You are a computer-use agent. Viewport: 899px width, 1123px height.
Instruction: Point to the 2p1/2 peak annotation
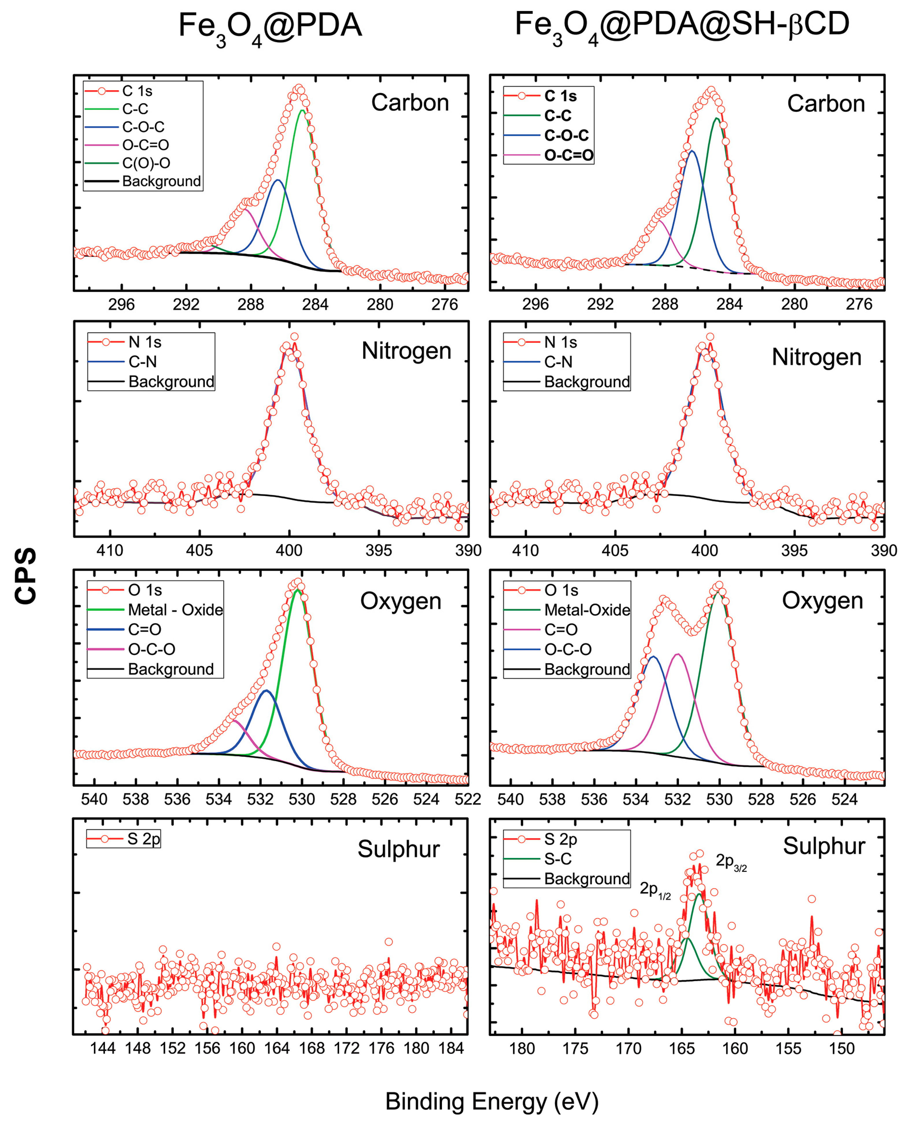pyautogui.click(x=654, y=890)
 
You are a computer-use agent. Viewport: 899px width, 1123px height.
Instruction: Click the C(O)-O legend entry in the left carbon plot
pyautogui.click(x=146, y=163)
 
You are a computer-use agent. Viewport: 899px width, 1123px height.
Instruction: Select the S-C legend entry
pyautogui.click(x=557, y=859)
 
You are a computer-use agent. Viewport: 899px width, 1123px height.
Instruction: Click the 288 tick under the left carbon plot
pyautogui.click(x=251, y=304)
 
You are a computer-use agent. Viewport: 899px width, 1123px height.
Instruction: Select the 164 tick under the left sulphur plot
pyautogui.click(x=277, y=1048)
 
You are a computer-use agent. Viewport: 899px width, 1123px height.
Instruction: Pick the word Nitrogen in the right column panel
pyautogui.click(x=816, y=357)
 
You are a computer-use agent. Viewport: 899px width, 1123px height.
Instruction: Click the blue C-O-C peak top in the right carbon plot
pyautogui.click(x=692, y=151)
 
